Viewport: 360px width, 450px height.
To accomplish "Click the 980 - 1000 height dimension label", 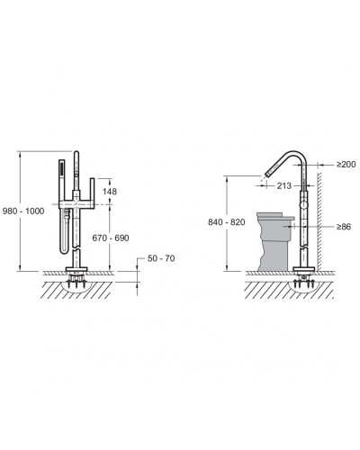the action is pos(23,211).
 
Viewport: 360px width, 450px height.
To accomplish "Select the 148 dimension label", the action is pos(110,192).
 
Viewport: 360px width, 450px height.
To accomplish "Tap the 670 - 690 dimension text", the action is pos(111,238).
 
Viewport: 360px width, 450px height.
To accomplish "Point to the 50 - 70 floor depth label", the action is pos(161,258).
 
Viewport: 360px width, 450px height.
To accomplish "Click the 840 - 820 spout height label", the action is pos(227,222).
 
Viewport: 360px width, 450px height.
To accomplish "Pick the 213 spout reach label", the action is pos(284,185).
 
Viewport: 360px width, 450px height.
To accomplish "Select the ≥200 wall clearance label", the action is pos(346,164).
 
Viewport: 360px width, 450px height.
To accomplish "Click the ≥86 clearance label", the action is pos(344,227).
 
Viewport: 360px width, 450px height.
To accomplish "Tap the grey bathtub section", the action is pos(275,241).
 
